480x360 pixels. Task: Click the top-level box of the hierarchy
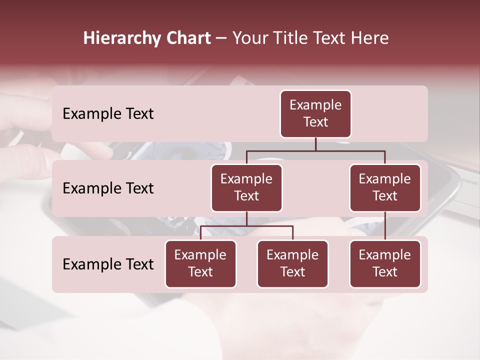[315, 113]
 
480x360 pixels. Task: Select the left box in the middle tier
[246, 187]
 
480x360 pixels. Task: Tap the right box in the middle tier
[385, 187]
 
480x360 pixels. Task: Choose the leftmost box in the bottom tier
[200, 263]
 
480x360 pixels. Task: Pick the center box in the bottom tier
[292, 263]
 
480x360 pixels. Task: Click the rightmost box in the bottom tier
[385, 263]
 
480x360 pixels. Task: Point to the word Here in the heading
[370, 38]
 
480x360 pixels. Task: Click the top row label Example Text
[108, 113]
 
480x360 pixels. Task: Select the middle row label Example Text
[108, 188]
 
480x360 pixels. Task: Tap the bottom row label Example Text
[108, 264]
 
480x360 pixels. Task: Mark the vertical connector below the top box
[315, 144]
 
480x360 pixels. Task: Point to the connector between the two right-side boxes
[385, 226]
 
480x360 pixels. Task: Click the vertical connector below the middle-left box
[246, 218]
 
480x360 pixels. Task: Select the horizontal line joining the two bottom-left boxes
[246, 226]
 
